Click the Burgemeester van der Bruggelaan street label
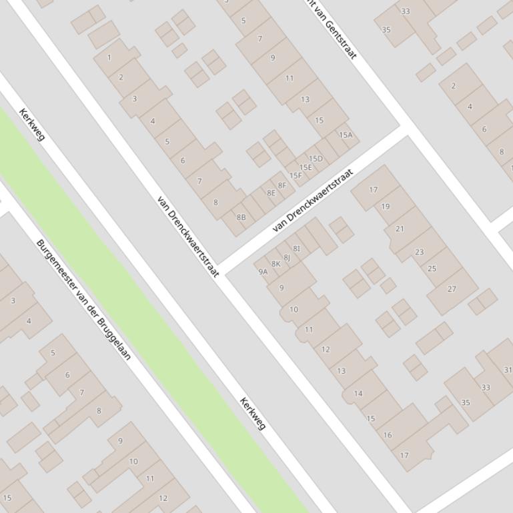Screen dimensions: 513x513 [x=83, y=300]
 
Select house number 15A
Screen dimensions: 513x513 [x=345, y=135]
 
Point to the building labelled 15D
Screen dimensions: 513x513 [x=316, y=159]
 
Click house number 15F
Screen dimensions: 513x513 [x=296, y=176]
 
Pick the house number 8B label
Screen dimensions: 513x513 [x=241, y=217]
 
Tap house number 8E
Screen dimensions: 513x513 [x=271, y=193]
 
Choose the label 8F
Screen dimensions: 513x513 [x=282, y=186]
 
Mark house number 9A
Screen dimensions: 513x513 [x=263, y=271]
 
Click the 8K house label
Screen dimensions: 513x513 [x=276, y=264]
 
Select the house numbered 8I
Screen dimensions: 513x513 [x=297, y=249]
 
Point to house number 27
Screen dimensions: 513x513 [x=452, y=289]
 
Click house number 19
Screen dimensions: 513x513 [x=385, y=207]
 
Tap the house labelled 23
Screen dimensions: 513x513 [x=419, y=253]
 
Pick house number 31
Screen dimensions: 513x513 [x=508, y=370]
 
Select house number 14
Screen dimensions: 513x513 [x=358, y=394]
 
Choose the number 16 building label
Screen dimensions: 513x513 [x=388, y=435]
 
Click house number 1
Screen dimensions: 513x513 [x=109, y=58]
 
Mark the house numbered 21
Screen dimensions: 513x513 [x=400, y=229]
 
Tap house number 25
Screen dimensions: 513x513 [x=432, y=269]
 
